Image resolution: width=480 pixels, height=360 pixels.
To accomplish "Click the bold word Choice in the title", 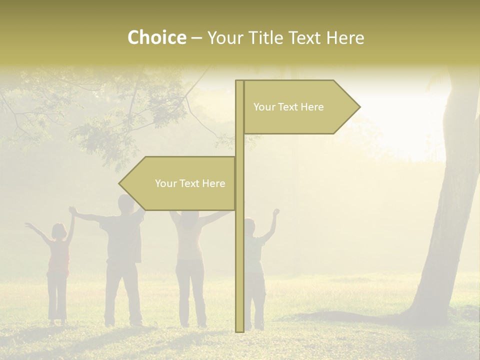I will tap(156, 37).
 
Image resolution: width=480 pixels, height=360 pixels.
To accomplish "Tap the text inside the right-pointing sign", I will tap(288, 107).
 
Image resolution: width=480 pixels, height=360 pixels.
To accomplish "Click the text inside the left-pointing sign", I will tap(190, 183).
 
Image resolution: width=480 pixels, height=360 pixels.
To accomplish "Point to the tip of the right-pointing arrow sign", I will tap(359, 106).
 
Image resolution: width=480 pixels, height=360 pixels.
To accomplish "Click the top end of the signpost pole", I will tap(239, 81).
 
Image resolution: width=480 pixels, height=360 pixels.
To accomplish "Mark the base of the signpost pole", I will tap(239, 329).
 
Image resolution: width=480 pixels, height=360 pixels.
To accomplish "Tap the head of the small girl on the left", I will tap(58, 230).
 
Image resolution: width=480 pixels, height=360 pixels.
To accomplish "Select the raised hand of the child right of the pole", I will tap(275, 212).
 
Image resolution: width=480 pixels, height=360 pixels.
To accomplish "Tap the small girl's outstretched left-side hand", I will tap(28, 226).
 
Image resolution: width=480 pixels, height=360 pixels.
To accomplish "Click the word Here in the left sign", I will tap(213, 183).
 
